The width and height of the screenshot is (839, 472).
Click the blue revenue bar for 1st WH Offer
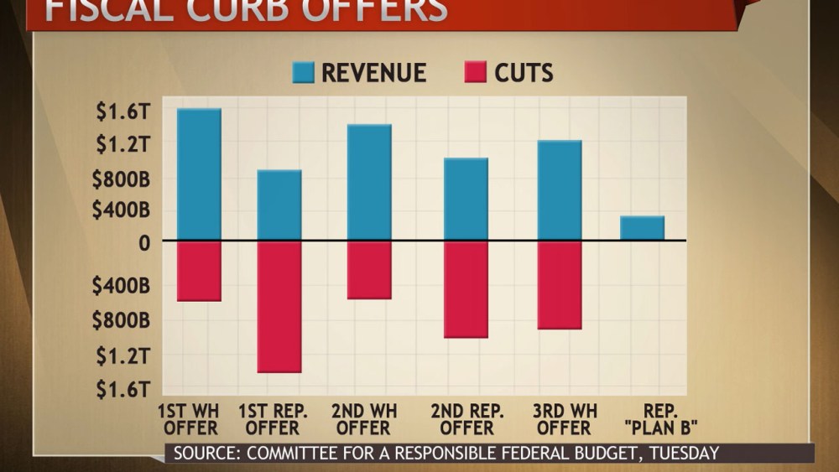click(199, 174)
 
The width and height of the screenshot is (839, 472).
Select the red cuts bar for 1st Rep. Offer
click(279, 306)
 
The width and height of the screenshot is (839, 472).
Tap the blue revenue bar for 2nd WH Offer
click(369, 182)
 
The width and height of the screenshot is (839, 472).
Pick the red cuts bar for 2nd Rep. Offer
click(466, 289)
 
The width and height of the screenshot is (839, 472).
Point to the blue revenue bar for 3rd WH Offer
click(560, 190)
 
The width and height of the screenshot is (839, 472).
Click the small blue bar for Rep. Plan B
click(642, 228)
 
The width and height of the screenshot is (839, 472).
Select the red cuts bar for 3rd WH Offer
click(560, 285)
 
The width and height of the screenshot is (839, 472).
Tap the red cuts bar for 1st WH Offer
click(199, 271)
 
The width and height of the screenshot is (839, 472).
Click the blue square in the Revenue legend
click(303, 72)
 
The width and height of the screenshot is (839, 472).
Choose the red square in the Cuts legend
click(475, 72)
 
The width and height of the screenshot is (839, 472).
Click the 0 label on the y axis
click(144, 242)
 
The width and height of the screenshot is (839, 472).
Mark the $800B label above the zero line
click(121, 178)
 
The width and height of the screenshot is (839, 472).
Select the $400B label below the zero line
click(121, 287)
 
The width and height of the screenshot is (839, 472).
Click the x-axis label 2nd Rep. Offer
click(467, 419)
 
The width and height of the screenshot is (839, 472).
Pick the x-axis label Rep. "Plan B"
click(662, 419)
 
